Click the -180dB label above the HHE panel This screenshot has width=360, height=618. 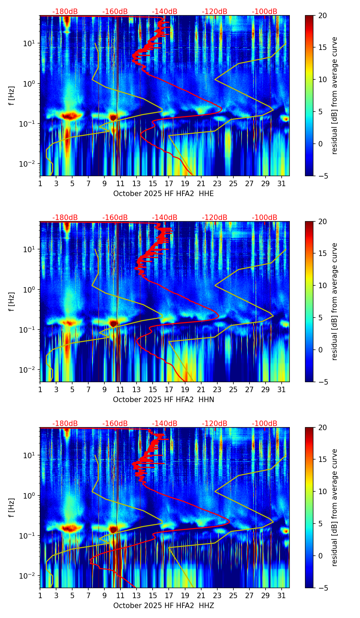65,12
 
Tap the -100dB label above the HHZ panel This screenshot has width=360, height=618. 265,424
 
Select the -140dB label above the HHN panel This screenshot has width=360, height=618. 165,218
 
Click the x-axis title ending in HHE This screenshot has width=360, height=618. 163,194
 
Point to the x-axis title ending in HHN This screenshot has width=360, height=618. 163,400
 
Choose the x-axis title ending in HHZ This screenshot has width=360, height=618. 163,606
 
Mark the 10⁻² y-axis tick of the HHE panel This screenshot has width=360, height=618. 28,164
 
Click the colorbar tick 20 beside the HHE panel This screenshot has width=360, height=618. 322,15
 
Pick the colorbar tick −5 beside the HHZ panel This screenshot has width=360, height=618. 322,588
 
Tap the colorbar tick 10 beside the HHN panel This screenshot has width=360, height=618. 322,285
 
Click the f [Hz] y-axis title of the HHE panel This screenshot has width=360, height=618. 12,95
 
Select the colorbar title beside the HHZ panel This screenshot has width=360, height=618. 335,507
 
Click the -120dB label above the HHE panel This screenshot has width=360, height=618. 215,12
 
